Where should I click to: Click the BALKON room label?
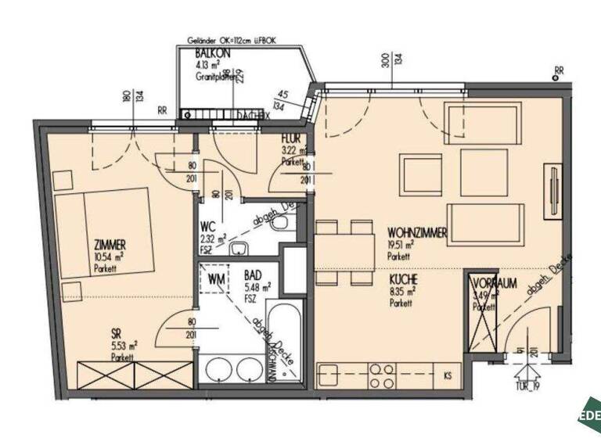point(212,53)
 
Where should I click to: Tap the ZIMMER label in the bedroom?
point(110,244)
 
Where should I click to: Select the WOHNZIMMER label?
point(417,232)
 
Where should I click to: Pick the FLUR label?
point(291,140)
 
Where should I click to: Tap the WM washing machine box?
point(216,276)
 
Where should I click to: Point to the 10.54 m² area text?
point(110,256)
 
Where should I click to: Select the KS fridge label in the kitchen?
point(448,374)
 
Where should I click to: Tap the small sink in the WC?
point(238,250)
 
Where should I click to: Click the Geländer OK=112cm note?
point(232,40)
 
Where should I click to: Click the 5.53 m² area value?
point(124,344)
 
